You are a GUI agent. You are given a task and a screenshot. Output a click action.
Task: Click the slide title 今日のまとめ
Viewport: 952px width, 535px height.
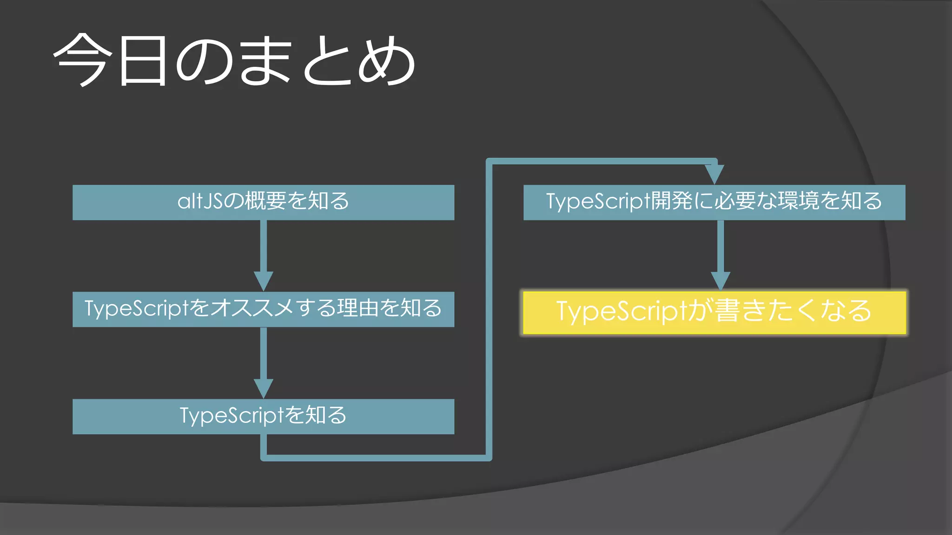tap(235, 60)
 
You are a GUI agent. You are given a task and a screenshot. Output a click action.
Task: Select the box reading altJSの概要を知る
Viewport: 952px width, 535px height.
tap(263, 202)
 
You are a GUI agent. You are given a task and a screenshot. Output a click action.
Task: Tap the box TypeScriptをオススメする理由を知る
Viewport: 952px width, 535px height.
tap(263, 309)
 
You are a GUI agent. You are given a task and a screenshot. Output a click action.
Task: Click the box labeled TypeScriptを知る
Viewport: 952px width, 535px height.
tap(263, 417)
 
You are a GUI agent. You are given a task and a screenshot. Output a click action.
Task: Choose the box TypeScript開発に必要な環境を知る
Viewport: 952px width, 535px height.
tap(714, 202)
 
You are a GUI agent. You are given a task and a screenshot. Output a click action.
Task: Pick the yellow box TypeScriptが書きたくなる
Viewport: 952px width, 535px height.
tap(714, 312)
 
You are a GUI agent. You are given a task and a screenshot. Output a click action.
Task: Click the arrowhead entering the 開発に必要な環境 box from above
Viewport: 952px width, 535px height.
tap(714, 174)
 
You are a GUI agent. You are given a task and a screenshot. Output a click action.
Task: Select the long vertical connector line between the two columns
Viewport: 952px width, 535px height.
tap(489, 307)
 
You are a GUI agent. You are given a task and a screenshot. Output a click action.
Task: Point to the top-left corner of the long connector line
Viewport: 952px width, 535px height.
tap(489, 162)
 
